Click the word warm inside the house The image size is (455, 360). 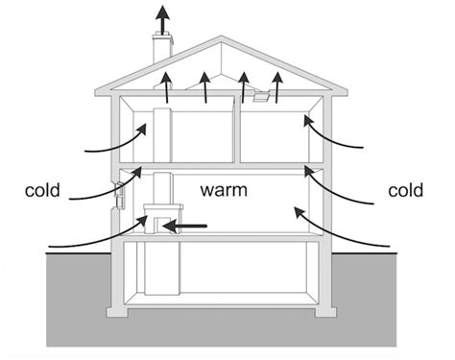[224, 191]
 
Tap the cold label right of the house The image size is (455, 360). [406, 192]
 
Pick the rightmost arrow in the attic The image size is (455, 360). [278, 85]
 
